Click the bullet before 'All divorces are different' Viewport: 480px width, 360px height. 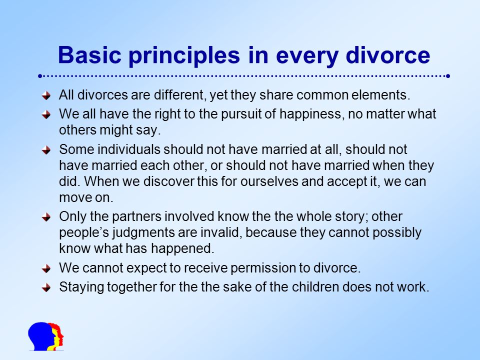(46, 95)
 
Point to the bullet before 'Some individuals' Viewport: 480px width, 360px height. (46, 150)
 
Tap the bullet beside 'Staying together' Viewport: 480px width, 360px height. (46, 288)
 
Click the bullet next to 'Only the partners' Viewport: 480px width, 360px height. (46, 217)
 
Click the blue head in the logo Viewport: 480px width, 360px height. (41, 336)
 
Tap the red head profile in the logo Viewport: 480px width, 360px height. (59, 334)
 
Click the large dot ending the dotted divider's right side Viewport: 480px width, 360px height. (448, 76)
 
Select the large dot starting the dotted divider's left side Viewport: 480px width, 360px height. (40, 76)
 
